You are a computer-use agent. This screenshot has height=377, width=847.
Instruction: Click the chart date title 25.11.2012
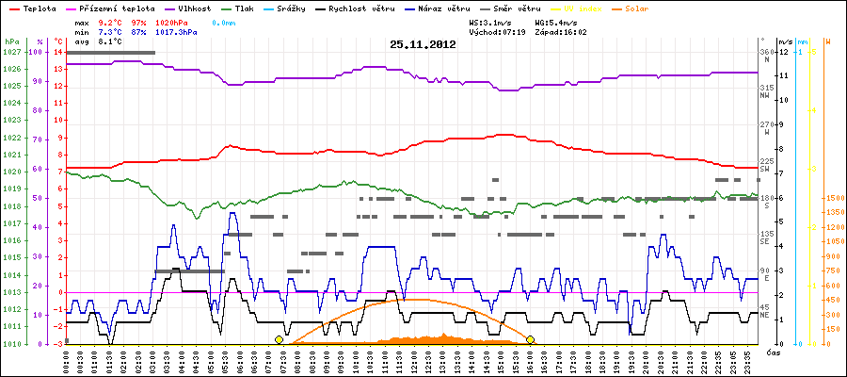click(x=423, y=44)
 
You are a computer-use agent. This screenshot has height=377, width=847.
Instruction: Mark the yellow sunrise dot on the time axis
click(x=279, y=339)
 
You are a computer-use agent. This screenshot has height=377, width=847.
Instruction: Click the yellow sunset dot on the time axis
click(x=530, y=339)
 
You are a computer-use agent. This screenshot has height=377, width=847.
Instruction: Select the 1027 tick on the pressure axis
click(x=11, y=52)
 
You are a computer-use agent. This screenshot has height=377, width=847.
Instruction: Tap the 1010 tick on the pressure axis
click(x=11, y=344)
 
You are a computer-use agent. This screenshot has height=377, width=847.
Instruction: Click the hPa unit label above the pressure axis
click(x=11, y=41)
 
